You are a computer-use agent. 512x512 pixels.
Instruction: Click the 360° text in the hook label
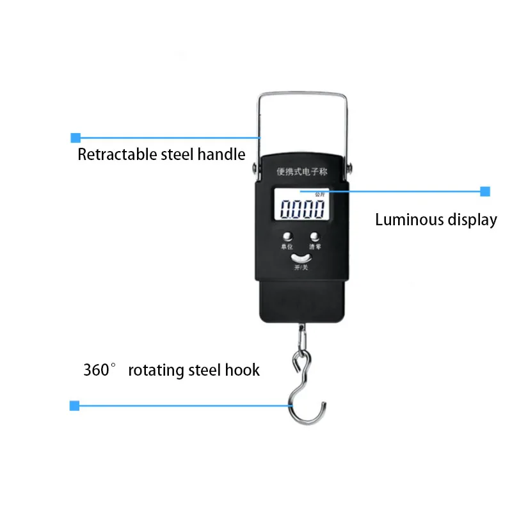102,370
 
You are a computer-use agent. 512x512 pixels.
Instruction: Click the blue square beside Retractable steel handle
76,138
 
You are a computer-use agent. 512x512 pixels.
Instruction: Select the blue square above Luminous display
485,191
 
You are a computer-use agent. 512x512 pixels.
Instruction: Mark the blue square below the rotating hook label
74,405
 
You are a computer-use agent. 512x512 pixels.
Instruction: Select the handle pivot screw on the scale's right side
349,169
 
